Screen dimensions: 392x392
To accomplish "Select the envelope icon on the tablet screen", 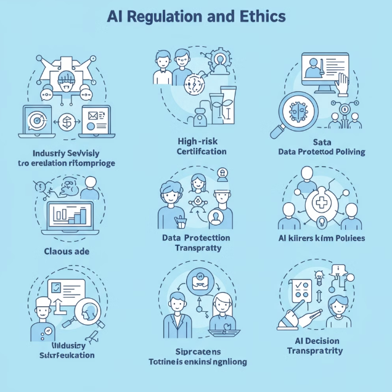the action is click(x=94, y=115).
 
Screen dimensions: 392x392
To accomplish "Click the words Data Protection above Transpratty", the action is click(x=196, y=238).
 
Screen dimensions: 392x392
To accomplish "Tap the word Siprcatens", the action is click(x=195, y=350).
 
